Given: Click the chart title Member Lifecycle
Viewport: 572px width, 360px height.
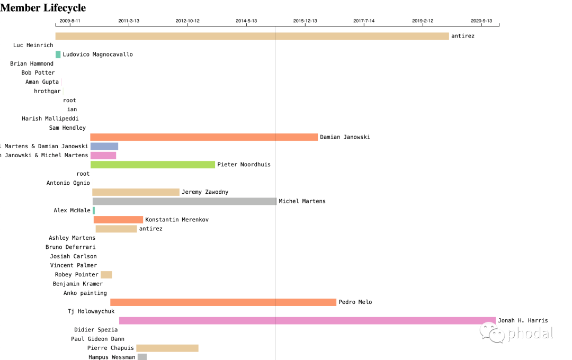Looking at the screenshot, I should (43, 8).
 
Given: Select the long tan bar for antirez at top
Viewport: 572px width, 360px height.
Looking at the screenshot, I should (252, 36).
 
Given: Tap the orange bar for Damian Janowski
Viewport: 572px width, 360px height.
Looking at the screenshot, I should (204, 137).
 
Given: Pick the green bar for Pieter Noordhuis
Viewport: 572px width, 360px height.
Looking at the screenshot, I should (153, 165).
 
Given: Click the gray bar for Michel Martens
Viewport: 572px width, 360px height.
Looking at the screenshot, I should (184, 201).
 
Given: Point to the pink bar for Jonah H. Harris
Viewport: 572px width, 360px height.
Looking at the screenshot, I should (307, 320).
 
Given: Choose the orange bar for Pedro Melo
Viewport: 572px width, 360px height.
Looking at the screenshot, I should (223, 302).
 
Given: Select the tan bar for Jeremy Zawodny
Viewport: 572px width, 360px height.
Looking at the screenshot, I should (136, 192).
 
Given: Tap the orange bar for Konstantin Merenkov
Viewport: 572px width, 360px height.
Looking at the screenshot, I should (118, 220).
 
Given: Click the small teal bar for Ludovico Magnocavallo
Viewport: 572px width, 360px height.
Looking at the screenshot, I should (58, 55).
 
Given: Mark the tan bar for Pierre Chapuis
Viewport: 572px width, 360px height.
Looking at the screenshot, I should (167, 348).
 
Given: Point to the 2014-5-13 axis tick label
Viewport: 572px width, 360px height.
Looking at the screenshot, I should (246, 21).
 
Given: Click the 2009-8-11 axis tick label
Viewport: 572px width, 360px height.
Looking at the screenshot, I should (70, 21).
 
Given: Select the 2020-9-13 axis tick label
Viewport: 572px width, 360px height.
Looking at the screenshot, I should (481, 21).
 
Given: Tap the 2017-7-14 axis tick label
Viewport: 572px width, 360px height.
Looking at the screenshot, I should (364, 21).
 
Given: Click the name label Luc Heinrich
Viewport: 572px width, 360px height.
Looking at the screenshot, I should (33, 46).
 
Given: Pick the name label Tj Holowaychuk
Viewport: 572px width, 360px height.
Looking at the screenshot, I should (91, 311).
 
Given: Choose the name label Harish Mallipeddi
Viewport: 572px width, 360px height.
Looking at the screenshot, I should (50, 119).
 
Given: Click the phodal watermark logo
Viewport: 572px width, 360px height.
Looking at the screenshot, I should (516, 333).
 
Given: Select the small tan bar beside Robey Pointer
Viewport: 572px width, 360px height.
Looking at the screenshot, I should (106, 275).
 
